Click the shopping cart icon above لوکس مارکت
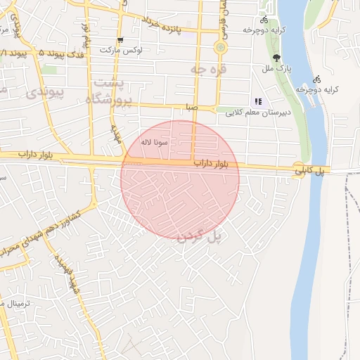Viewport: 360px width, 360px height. pyautogui.click(x=121, y=40)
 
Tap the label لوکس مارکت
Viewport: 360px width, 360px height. pyautogui.click(x=121, y=51)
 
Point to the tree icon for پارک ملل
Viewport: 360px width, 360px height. pyautogui.click(x=276, y=58)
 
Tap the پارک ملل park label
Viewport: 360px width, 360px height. pyautogui.click(x=276, y=69)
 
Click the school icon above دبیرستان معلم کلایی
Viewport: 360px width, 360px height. pyautogui.click(x=258, y=102)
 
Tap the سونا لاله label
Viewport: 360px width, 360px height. pyautogui.click(x=153, y=142)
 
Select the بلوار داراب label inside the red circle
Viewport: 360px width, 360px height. pyautogui.click(x=193, y=163)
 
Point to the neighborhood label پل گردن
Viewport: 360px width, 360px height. pyautogui.click(x=200, y=237)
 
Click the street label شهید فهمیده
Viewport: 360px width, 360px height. pyautogui.click(x=67, y=273)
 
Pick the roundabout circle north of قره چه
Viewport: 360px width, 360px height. pyautogui.click(x=221, y=48)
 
